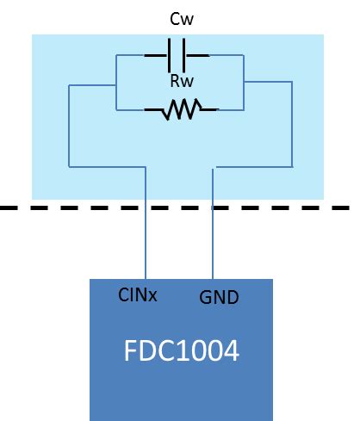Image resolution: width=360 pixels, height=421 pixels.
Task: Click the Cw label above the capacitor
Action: (179, 19)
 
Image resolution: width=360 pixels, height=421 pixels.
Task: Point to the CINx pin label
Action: (137, 295)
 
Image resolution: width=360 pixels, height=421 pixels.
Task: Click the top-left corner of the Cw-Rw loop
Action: (116, 54)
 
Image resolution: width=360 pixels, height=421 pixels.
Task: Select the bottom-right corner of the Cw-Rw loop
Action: (245, 109)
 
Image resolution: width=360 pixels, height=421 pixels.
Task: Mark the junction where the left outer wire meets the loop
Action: (116, 84)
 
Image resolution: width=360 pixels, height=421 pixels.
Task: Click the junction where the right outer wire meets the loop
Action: (245, 82)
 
